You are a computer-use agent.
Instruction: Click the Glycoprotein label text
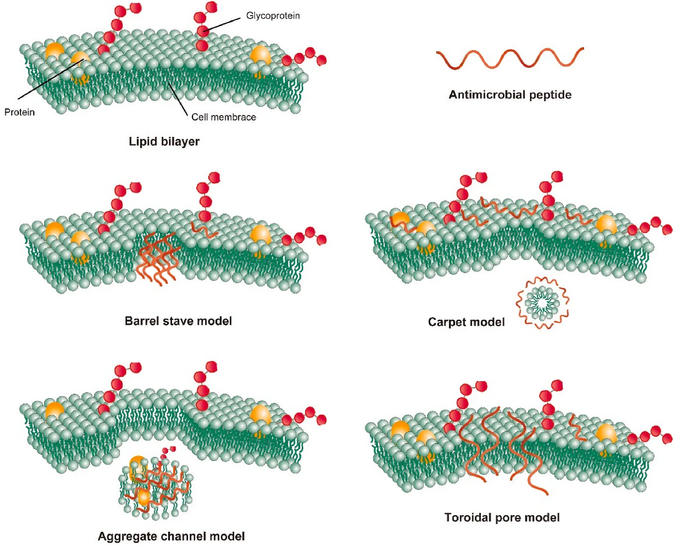click(273, 16)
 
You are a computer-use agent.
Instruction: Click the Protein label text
click(19, 112)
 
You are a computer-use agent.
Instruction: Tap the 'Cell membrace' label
click(224, 117)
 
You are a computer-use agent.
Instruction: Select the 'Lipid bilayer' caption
click(164, 141)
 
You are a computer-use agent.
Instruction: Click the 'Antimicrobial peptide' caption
click(510, 95)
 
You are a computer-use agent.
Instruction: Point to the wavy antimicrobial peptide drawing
click(510, 58)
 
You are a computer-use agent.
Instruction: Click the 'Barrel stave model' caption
click(178, 321)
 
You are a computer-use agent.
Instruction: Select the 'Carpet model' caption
click(466, 322)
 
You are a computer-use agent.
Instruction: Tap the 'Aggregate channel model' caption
click(171, 536)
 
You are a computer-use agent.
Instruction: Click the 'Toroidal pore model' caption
click(502, 518)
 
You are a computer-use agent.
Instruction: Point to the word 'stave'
click(178, 321)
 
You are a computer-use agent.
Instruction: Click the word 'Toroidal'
click(467, 518)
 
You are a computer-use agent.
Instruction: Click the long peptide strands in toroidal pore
click(502, 445)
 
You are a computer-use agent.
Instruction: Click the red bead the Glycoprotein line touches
click(203, 31)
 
